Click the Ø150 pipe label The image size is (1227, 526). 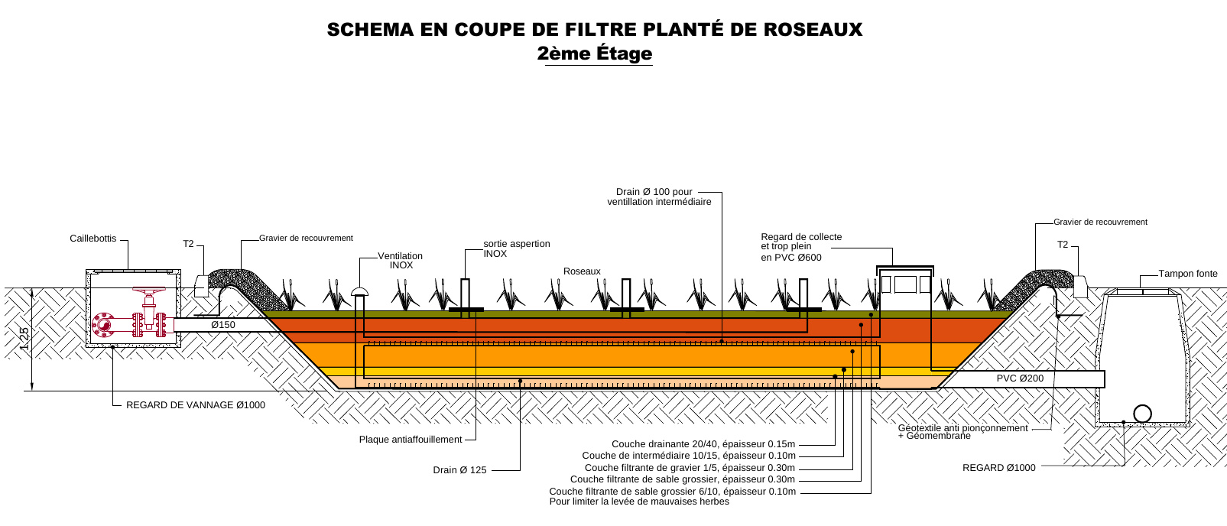(223, 325)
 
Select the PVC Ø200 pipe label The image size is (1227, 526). (1020, 378)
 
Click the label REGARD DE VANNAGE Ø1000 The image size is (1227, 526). (196, 405)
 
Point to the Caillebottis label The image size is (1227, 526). (93, 239)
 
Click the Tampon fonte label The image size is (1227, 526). (1187, 274)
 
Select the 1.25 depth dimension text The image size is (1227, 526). (24, 339)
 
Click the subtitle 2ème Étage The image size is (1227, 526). (595, 54)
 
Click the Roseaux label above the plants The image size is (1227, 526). (582, 271)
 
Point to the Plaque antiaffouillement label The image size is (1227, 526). (411, 440)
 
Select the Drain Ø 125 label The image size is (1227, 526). (459, 470)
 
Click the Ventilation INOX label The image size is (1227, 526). (401, 261)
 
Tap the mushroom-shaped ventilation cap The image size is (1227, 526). (359, 291)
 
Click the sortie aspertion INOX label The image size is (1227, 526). (516, 248)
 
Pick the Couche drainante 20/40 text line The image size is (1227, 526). (703, 444)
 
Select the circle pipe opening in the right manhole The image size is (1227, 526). (1142, 414)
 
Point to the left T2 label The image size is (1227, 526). (188, 244)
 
